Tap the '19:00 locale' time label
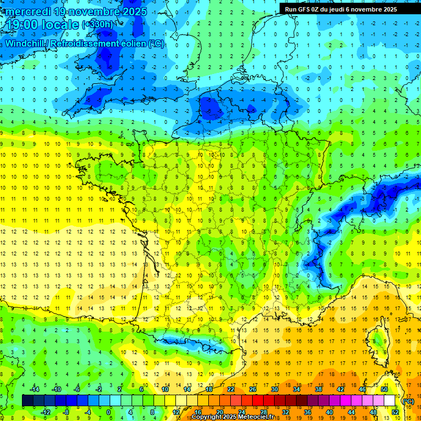(x=42, y=25)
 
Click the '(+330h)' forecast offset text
(x=98, y=25)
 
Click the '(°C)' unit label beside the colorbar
(x=407, y=401)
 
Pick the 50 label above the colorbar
(x=384, y=389)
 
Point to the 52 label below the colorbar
(x=395, y=412)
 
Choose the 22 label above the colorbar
(x=231, y=389)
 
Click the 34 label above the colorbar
(x=297, y=389)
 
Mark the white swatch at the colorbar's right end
(x=390, y=401)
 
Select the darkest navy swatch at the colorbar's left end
(x=27, y=401)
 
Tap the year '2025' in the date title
(x=133, y=12)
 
